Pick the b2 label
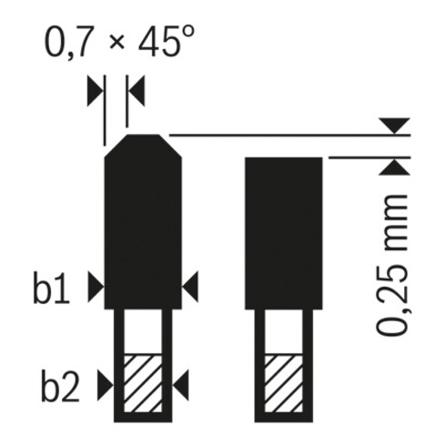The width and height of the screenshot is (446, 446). [55, 387]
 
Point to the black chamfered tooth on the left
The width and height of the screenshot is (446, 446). [141, 228]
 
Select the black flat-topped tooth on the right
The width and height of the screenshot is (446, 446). [283, 232]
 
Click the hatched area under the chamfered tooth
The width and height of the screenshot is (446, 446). [141, 383]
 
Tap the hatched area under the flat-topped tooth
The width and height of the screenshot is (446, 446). [283, 383]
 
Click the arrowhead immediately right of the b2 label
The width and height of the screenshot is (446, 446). [105, 387]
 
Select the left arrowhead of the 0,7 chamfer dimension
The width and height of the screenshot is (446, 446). [96, 91]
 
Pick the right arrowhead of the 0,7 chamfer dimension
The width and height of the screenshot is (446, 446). [137, 91]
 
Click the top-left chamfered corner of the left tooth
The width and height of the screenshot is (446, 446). [115, 144]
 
